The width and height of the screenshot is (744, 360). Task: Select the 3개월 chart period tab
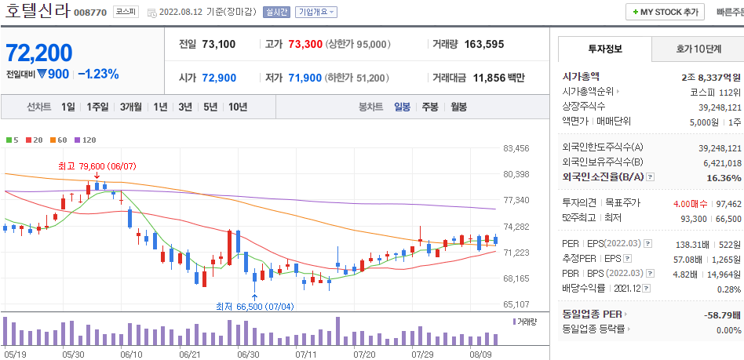[131, 107]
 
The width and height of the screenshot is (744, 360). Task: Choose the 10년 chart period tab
[237, 107]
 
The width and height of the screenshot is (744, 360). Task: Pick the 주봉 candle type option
[430, 107]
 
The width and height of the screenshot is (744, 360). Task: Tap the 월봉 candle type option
[458, 107]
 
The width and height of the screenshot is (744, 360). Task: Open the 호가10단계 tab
[698, 49]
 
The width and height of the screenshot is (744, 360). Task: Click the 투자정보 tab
[604, 49]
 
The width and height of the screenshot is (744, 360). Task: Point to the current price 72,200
[39, 53]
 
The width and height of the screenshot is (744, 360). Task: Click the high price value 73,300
[305, 44]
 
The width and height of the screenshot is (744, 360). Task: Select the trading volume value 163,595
[501, 44]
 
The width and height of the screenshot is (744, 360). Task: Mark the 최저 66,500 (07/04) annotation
[254, 307]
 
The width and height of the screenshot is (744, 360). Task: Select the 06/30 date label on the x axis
[248, 355]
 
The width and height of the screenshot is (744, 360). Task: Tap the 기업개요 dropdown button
[316, 12]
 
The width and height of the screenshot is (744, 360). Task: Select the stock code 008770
[90, 13]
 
